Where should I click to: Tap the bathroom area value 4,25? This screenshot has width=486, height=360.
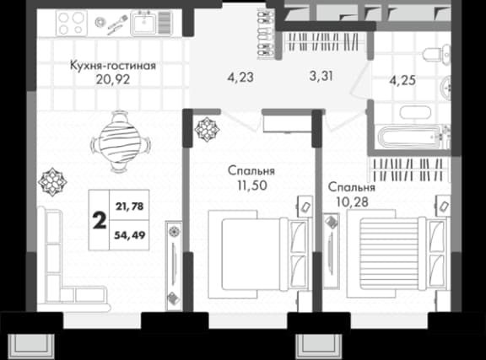[x=402, y=83]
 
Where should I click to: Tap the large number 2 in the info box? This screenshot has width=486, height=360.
[x=99, y=220]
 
